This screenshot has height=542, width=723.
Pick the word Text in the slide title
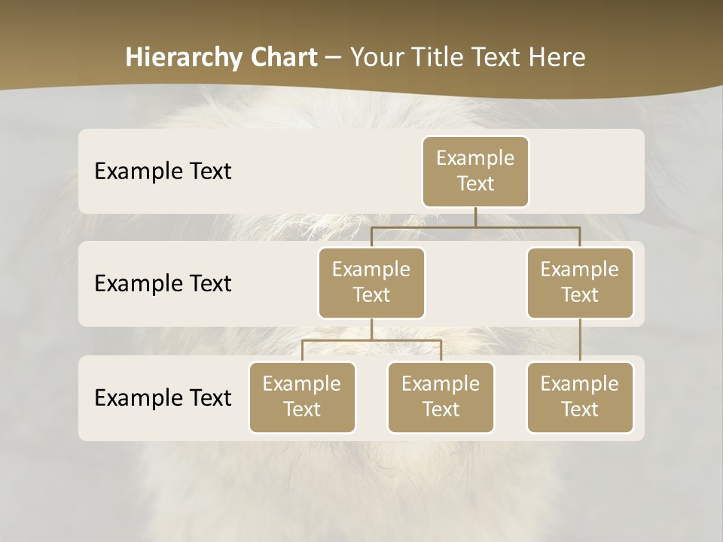tap(498, 58)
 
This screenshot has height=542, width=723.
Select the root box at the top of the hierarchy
tap(475, 171)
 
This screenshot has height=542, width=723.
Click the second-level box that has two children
tap(371, 282)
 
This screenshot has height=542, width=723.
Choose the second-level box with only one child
tap(580, 282)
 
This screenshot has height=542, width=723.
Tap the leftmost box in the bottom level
tap(302, 397)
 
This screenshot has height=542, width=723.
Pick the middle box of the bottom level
tap(441, 397)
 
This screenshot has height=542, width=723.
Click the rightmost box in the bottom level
tap(580, 397)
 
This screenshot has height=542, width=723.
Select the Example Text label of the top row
tap(163, 171)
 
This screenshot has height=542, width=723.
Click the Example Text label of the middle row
tap(163, 283)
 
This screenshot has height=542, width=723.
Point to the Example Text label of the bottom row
tap(163, 397)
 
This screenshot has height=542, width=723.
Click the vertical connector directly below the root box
tap(475, 217)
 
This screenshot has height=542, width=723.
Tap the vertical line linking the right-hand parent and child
tap(580, 340)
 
